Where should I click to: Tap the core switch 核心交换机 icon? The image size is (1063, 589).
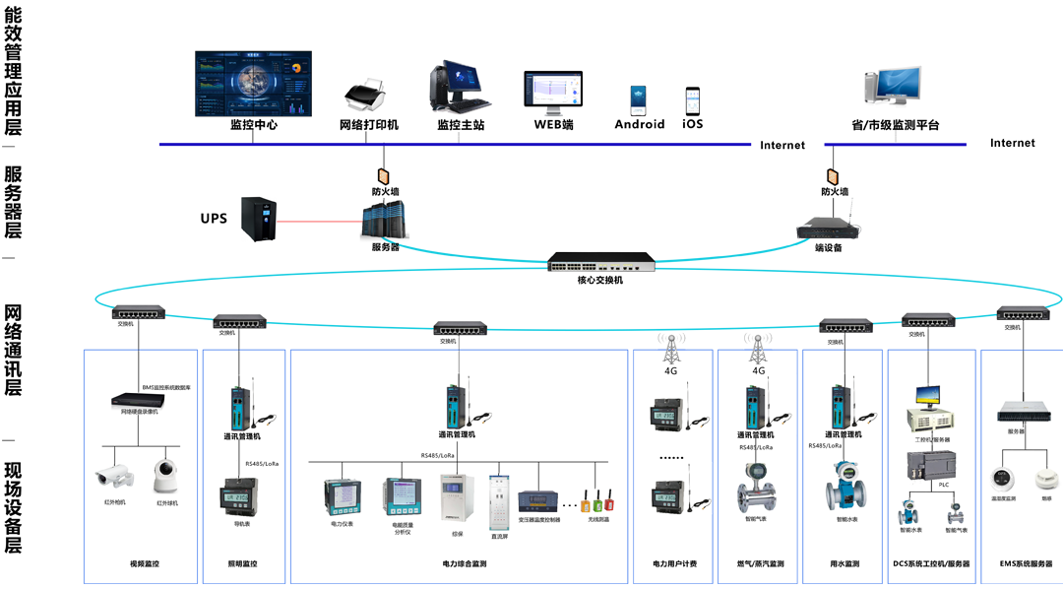click(x=601, y=261)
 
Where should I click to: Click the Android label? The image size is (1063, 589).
click(x=640, y=125)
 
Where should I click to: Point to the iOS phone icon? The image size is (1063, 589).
click(x=693, y=100)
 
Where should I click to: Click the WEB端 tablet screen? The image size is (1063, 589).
click(x=553, y=92)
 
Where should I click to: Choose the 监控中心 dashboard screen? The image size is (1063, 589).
click(x=253, y=83)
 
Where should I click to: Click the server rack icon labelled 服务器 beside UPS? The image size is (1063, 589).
click(x=384, y=221)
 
